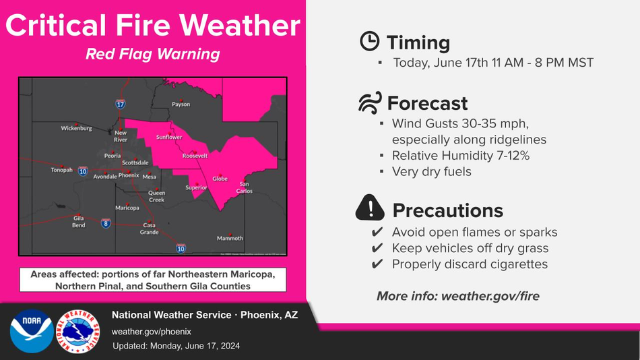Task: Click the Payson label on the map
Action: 181,104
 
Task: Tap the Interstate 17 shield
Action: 120,104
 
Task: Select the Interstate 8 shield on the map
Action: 106,223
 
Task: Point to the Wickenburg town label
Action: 76,128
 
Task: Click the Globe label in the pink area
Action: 220,179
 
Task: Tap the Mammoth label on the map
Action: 230,238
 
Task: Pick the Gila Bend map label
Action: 79,222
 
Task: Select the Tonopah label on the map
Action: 61,170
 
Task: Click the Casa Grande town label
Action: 150,229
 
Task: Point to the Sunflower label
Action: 169,138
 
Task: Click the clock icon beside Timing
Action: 369,41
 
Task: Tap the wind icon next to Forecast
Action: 370,102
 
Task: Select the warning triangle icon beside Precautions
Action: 370,208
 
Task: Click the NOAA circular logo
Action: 32,331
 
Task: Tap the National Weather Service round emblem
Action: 78,331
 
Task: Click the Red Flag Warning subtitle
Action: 153,54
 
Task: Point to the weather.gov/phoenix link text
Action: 152,332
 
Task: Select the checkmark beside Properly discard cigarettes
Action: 377,264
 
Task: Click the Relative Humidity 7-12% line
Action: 460,156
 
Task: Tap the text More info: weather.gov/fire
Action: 458,296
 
